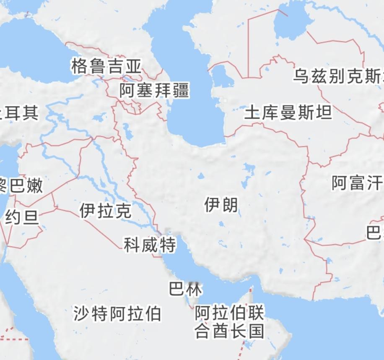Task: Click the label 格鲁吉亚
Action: click(x=106, y=66)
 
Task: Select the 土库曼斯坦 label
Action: click(x=288, y=112)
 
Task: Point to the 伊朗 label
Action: click(x=221, y=205)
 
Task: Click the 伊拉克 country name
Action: click(x=105, y=211)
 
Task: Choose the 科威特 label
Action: click(x=150, y=245)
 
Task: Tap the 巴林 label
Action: click(x=185, y=289)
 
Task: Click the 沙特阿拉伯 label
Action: click(x=117, y=313)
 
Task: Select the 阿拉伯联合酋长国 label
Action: click(x=230, y=322)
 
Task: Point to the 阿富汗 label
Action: click(x=357, y=183)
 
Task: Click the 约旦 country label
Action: click(x=22, y=218)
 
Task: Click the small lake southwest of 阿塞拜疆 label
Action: click(x=127, y=133)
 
